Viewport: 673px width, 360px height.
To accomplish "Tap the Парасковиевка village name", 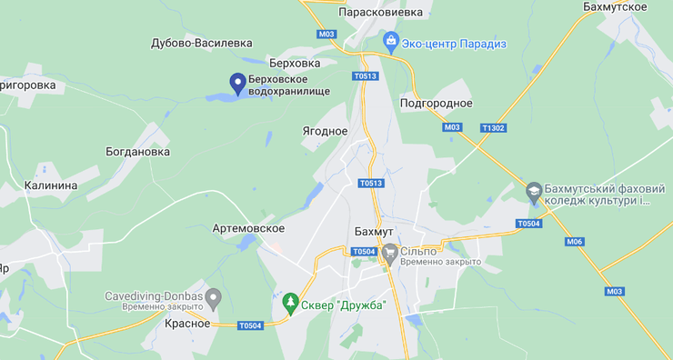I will [x=380, y=13].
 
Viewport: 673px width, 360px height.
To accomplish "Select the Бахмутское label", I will [x=616, y=7].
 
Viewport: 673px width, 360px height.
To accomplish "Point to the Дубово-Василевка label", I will [x=202, y=43].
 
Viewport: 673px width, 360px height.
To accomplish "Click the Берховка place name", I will [x=295, y=64].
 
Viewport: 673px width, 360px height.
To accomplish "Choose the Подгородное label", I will [x=436, y=103].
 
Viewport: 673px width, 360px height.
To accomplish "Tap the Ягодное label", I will [x=325, y=131].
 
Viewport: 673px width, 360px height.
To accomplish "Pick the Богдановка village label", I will [x=137, y=152].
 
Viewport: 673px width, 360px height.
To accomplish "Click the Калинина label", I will [x=51, y=185].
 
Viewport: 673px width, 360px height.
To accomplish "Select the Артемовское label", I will [x=248, y=228].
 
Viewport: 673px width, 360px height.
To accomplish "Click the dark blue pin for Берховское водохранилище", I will [x=238, y=84].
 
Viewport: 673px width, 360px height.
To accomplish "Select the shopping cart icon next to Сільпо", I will [x=390, y=251].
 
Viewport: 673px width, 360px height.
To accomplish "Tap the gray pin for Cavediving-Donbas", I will [x=214, y=296].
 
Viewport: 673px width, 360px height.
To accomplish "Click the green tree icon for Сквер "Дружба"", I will [x=290, y=303].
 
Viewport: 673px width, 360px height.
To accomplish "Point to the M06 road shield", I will [x=574, y=242].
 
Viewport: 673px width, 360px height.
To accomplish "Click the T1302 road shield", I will [x=494, y=128].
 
